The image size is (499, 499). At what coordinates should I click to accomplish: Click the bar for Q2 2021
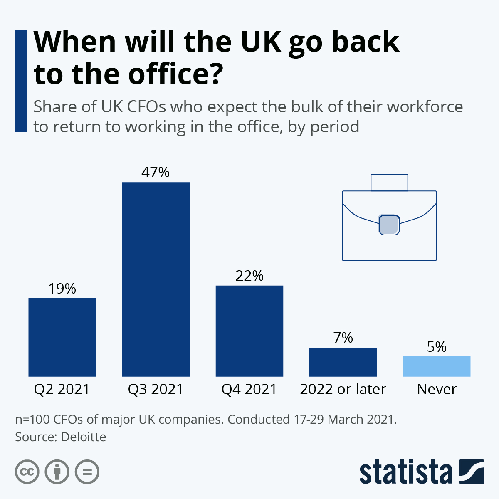[x=62, y=337]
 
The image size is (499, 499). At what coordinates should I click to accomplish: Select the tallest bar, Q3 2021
[x=156, y=279]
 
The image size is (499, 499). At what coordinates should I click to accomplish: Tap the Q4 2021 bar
[x=249, y=331]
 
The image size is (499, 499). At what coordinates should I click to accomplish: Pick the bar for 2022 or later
[x=343, y=362]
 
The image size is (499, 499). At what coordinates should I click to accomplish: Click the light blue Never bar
[x=437, y=366]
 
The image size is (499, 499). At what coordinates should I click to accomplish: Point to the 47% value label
[x=156, y=172]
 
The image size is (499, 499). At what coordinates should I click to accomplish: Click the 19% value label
[x=62, y=289]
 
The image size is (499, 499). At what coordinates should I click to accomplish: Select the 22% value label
[x=249, y=276]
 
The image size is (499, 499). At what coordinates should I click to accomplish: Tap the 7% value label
[x=343, y=338]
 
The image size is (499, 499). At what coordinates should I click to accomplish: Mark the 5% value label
[x=437, y=347]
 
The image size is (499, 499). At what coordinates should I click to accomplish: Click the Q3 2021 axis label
[x=156, y=389]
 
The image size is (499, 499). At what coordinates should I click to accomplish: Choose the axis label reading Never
[x=437, y=389]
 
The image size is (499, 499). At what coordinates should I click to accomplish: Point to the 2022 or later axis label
[x=343, y=389]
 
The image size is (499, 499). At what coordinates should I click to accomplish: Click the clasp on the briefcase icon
[x=389, y=225]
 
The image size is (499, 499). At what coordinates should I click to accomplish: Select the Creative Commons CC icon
[x=27, y=472]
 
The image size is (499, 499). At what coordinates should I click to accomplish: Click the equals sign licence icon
[x=87, y=472]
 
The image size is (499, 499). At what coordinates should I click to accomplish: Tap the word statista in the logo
[x=405, y=472]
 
